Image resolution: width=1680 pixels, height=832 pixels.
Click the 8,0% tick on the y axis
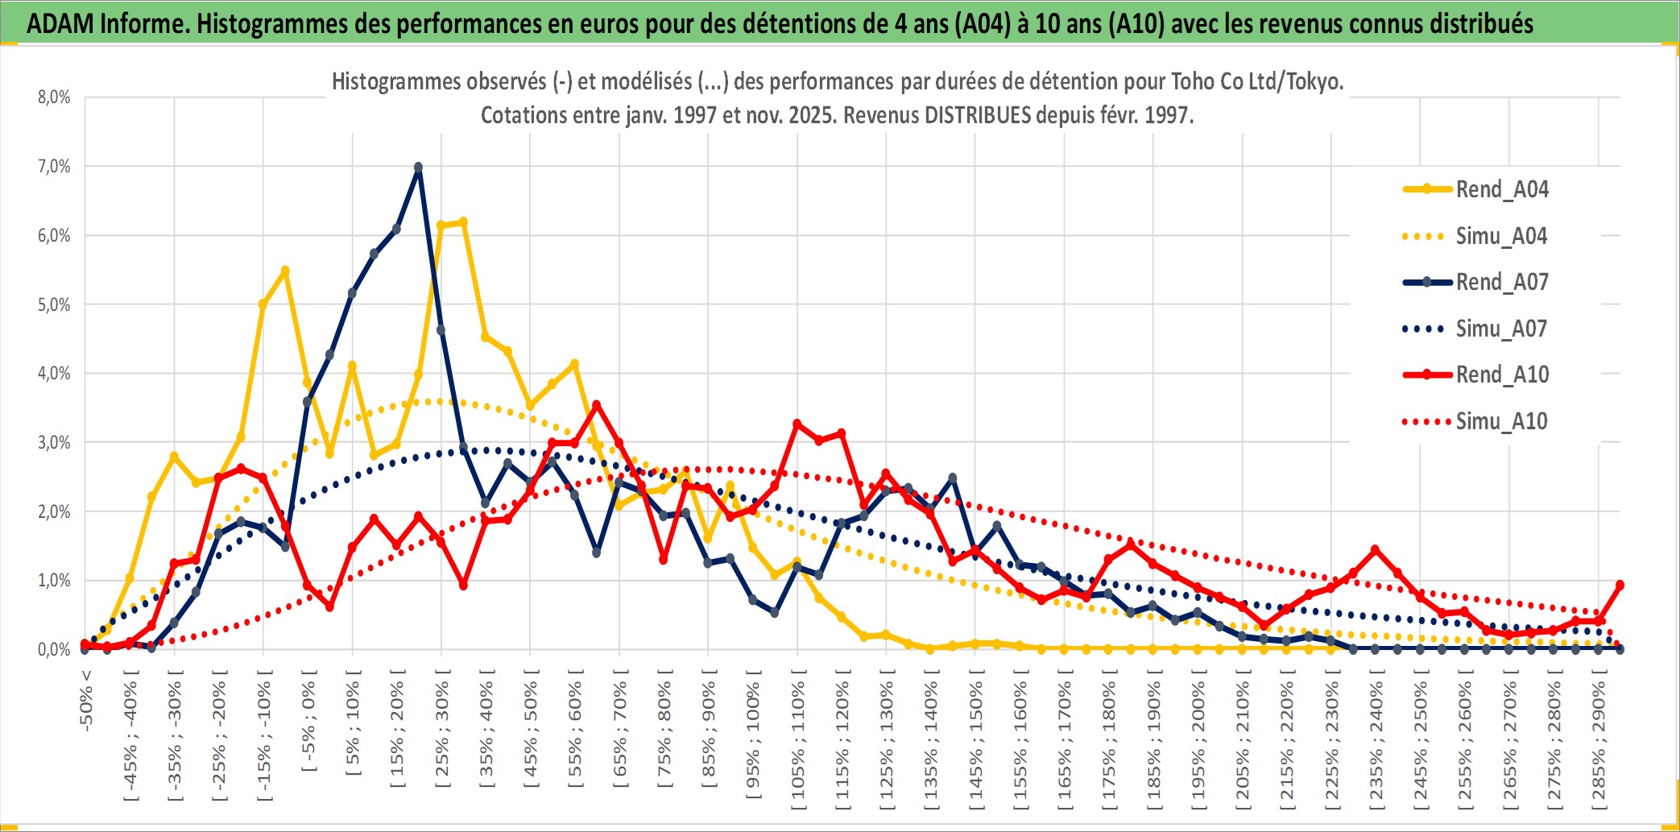pyautogui.click(x=54, y=97)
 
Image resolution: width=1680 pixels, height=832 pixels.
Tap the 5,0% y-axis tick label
pyautogui.click(x=54, y=304)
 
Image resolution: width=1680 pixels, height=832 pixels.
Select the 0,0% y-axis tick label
pyautogui.click(x=54, y=649)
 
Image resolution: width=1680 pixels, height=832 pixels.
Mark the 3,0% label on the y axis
pyautogui.click(x=54, y=442)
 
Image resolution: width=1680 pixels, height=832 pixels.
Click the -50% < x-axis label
pyautogui.click(x=86, y=699)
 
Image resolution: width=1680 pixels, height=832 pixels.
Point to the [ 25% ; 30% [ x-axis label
pyautogui.click(x=442, y=734)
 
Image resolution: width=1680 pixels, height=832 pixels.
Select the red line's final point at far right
pyautogui.click(x=1620, y=586)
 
